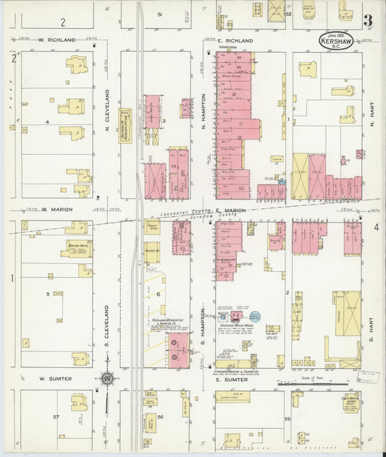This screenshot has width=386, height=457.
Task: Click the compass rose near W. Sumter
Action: [x=106, y=378]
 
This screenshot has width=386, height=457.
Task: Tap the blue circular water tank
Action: [x=254, y=316]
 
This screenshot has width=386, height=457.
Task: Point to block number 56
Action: [x=161, y=417]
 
